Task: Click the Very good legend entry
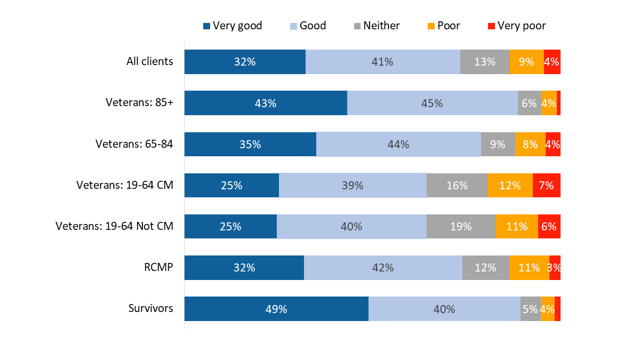click(233, 26)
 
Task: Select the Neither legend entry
click(377, 26)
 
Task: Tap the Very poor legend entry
click(516, 26)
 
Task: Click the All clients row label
click(149, 61)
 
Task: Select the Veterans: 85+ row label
click(139, 103)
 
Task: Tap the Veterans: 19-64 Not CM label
click(114, 226)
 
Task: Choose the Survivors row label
click(150, 308)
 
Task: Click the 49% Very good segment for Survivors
click(276, 309)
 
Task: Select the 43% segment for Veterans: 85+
click(266, 103)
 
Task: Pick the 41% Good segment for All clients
click(382, 62)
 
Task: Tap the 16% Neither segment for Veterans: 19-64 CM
click(457, 185)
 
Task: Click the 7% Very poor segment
click(546, 185)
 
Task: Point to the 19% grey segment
click(461, 226)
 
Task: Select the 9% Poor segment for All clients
click(526, 62)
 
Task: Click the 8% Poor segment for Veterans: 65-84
click(530, 144)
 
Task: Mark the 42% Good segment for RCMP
click(383, 267)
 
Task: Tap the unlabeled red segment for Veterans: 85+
click(558, 103)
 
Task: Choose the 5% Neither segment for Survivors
click(530, 309)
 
